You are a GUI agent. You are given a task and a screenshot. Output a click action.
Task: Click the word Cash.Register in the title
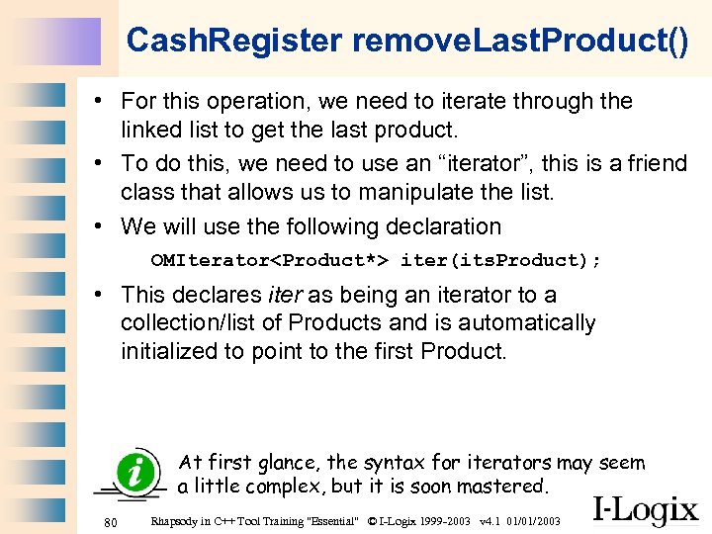[234, 41]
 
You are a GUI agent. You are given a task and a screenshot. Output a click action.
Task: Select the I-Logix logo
[645, 510]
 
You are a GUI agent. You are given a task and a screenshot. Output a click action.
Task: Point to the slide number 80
[112, 521]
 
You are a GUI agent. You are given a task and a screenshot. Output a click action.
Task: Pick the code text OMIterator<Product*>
[269, 261]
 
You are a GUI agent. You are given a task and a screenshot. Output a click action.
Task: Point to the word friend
[653, 163]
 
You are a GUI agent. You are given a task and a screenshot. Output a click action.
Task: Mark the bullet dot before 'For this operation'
[102, 101]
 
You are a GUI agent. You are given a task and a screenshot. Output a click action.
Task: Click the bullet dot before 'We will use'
[102, 226]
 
